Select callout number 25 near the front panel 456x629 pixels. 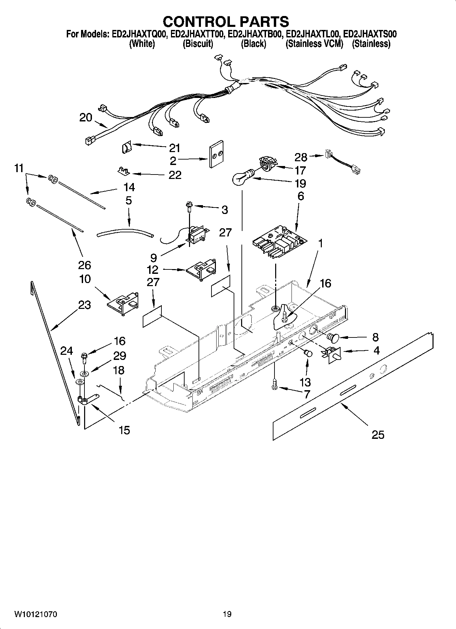point(378,434)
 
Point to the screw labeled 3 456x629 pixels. point(188,205)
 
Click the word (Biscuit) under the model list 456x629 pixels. point(198,44)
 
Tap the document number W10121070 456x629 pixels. point(35,614)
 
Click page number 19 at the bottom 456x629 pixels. point(227,614)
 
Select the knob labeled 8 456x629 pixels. point(333,337)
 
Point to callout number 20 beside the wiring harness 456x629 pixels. point(85,118)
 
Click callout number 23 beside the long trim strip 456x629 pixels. point(84,305)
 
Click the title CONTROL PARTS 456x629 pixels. point(226,22)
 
